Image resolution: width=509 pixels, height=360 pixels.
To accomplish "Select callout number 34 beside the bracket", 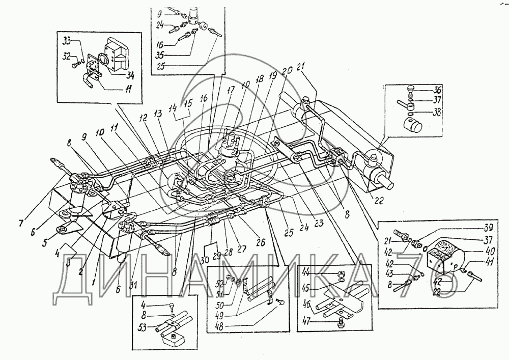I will (x=131, y=75).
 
